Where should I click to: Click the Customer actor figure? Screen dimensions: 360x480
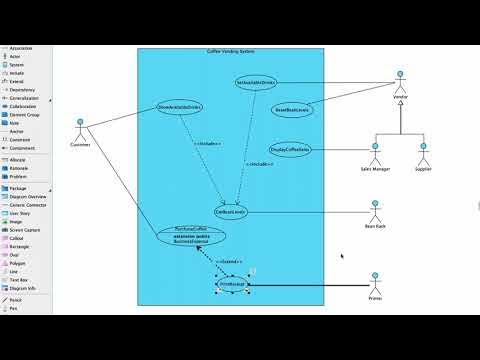click(80, 128)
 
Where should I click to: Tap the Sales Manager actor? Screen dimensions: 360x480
click(375, 154)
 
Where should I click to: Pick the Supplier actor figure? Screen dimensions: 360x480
click(422, 154)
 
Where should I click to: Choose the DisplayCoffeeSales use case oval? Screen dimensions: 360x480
click(290, 150)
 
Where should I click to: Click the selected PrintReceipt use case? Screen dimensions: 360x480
click(231, 285)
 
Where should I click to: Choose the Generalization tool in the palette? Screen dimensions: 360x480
click(23, 99)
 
